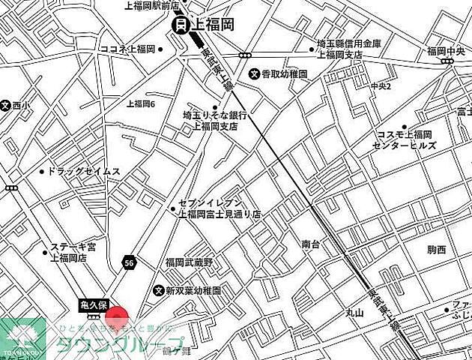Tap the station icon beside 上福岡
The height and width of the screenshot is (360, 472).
coord(181,25)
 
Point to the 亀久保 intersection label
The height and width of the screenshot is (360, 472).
coord(95,305)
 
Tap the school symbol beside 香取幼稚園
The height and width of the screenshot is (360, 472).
coord(255,74)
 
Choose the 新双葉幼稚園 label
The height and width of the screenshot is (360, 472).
coord(193,290)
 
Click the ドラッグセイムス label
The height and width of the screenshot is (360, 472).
coord(84,171)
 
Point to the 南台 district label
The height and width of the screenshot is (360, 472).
coord(311,244)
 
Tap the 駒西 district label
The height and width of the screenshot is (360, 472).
coord(436,249)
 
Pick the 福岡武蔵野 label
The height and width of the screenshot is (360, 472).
coord(190,262)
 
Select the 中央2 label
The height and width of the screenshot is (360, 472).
coord(381,87)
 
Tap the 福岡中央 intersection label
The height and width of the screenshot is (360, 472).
coord(447,51)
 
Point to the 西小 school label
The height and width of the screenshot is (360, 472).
coord(22,106)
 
